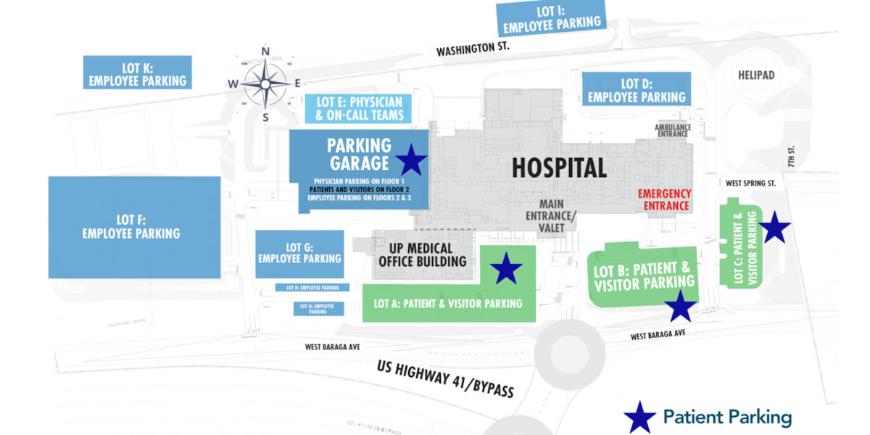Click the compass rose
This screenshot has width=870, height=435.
coord(265,84)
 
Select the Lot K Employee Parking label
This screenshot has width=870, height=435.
coord(138,74)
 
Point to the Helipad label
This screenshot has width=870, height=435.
coord(756,75)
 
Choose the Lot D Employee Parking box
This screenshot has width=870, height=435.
coord(637,90)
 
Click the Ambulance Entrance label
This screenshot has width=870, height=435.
coord(673,130)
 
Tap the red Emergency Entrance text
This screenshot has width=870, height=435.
coord(663,200)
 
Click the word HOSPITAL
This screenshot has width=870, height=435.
coord(559,168)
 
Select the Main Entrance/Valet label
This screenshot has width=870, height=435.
coord(552,216)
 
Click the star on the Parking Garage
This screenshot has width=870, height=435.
coord(411,160)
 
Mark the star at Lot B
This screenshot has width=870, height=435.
coord(681,307)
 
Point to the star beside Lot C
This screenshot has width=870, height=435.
coord(774,228)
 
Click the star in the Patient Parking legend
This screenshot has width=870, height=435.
coord(639,418)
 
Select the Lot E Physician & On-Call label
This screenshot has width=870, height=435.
coord(360,108)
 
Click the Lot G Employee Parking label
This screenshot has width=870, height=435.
coord(299,253)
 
